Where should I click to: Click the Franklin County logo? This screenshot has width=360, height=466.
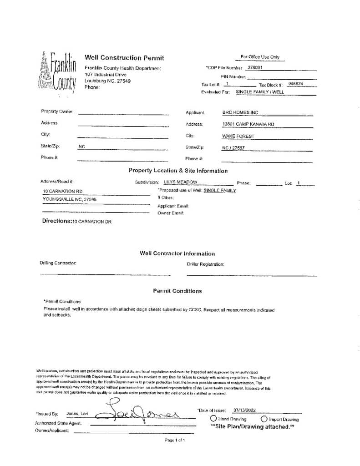point(59,72)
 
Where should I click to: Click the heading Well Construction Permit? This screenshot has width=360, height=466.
point(124,58)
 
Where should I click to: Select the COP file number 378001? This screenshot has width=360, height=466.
point(255,68)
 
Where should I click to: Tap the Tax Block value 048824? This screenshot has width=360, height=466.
point(296,84)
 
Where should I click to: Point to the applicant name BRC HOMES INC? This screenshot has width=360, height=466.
point(240,112)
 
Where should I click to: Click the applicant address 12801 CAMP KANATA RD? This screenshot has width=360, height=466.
point(248,124)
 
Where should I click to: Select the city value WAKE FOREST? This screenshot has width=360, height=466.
point(238,136)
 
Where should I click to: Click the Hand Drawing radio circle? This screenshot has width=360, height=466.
point(213,419)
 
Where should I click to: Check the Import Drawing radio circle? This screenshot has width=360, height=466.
point(264,419)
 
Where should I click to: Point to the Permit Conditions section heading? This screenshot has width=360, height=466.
point(177,291)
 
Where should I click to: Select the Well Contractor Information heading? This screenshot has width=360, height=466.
point(177,253)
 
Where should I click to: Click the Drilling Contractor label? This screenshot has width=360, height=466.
point(58,263)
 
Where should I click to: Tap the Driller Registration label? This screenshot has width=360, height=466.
point(205,264)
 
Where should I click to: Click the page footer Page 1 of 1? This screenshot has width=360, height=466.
point(174,440)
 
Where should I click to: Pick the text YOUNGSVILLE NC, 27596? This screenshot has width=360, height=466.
point(69,199)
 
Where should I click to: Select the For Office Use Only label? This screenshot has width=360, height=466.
point(260,57)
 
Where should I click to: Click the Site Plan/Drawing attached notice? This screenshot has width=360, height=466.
point(252,427)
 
